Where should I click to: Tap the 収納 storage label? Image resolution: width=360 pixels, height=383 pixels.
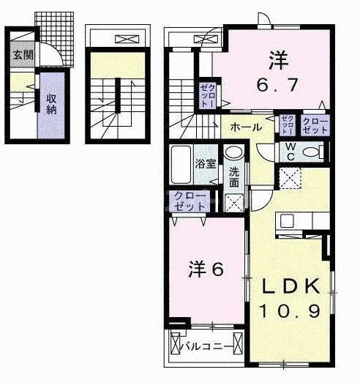(x=52, y=104)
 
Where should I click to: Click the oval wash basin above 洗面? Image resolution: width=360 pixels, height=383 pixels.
(x=233, y=153)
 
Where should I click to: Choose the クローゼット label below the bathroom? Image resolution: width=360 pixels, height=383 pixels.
(x=187, y=201)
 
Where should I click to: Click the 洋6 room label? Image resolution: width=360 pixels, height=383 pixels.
(x=206, y=269)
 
